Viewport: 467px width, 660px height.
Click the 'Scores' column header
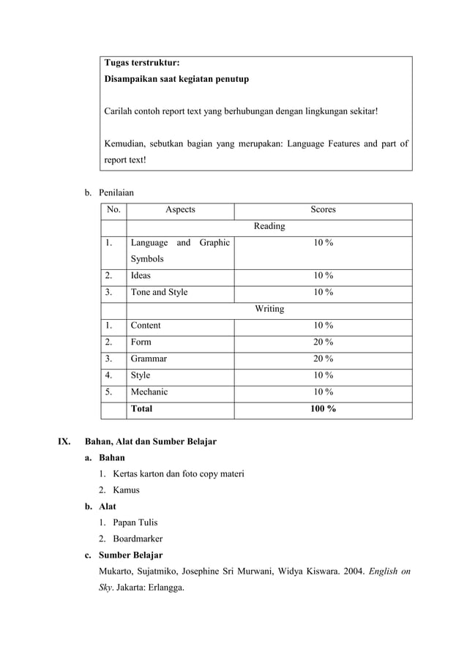pos(323,209)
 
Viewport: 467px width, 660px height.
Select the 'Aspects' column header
pos(180,209)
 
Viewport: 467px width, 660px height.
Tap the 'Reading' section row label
pos(269,226)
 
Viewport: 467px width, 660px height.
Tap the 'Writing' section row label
pos(269,309)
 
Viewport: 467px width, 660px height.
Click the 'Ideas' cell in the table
pos(141,276)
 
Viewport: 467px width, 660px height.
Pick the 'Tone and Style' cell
pos(159,292)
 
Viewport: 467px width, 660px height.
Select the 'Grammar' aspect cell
pos(149,359)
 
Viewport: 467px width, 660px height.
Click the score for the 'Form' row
pos(323,342)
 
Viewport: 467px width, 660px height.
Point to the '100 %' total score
pos(323,408)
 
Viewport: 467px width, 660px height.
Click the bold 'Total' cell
pos(141,408)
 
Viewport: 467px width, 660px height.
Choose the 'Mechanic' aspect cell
pos(149,391)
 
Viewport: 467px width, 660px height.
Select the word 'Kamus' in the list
pos(126,490)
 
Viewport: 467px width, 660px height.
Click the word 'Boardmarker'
pos(138,539)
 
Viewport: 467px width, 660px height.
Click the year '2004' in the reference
pos(344,571)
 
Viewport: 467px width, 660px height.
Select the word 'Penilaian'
pos(116,192)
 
